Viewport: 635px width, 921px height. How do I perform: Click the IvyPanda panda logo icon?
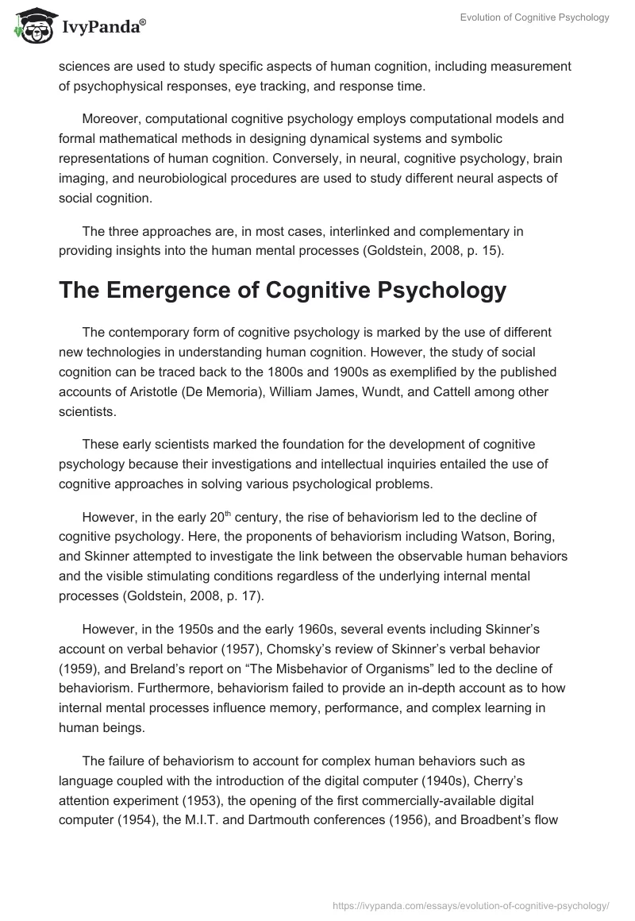pyautogui.click(x=29, y=26)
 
